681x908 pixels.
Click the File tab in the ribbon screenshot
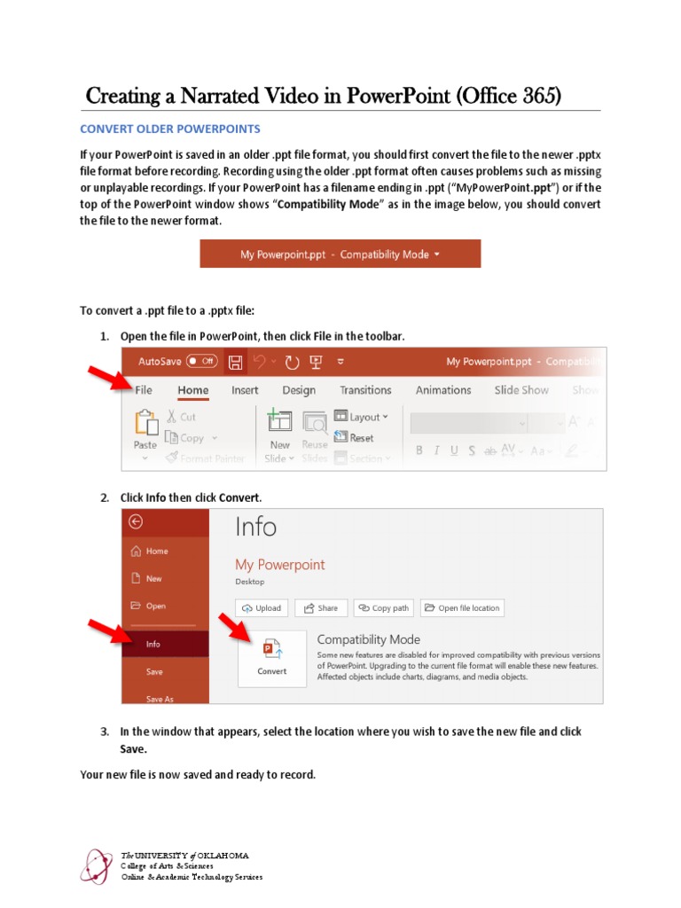pos(144,390)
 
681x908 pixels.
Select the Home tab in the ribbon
pos(192,390)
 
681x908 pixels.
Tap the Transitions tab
pos(365,390)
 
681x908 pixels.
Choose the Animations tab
pos(443,390)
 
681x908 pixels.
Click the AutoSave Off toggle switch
pos(202,362)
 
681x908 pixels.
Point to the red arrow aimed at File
pos(109,373)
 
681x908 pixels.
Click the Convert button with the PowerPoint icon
pos(271,658)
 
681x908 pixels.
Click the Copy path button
pos(384,608)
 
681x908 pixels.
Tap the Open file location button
pos(461,608)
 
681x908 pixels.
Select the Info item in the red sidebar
pos(154,645)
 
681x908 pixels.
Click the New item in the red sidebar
pos(154,578)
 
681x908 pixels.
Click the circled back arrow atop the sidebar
pos(135,522)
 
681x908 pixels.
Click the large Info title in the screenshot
pos(255,528)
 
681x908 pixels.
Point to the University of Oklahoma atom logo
pos(97,866)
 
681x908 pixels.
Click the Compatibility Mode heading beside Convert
pos(368,639)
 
